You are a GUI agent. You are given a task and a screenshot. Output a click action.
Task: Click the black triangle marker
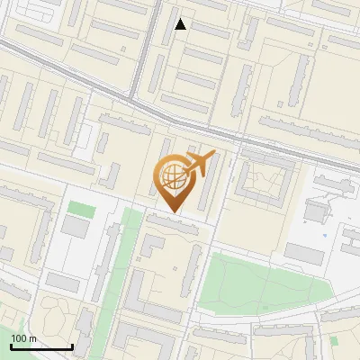coord(181,24)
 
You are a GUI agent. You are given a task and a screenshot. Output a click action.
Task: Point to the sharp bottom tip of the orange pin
coord(172,212)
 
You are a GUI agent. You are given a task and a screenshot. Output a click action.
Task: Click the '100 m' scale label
coord(24,338)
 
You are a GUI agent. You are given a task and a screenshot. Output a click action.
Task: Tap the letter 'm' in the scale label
coord(32,338)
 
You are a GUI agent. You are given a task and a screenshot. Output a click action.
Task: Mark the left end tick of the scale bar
coord(11,346)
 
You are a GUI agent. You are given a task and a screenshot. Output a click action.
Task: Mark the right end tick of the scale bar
coord(72,346)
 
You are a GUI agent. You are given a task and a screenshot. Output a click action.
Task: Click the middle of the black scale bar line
coord(41,347)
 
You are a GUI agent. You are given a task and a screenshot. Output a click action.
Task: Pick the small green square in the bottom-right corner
coord(334,340)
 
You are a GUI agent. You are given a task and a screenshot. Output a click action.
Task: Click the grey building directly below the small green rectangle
coord(77,228)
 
